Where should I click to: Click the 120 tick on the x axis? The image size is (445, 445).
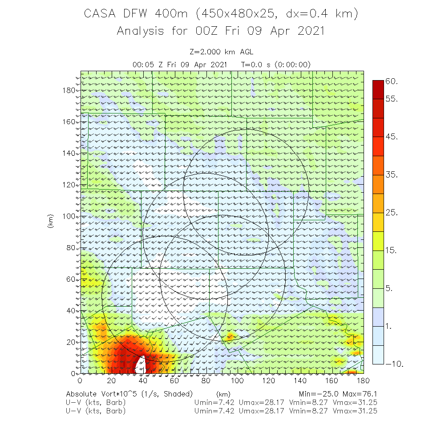(269, 381)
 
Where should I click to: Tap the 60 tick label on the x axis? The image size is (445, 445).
(174, 381)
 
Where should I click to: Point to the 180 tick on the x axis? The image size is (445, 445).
(364, 381)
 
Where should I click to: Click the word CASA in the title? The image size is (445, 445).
(101, 14)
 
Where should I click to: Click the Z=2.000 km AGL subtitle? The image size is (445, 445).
(221, 52)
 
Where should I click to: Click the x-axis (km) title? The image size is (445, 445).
(223, 394)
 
